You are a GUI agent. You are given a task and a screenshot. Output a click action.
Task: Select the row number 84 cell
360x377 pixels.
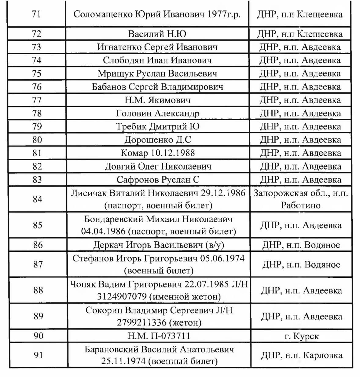pyautogui.click(x=37, y=199)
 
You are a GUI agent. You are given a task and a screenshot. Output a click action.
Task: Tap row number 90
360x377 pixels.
pyautogui.click(x=38, y=336)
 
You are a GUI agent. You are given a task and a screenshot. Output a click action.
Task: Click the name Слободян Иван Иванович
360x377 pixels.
pyautogui.click(x=157, y=60)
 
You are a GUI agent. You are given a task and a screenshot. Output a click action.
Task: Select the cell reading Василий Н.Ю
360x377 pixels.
pyautogui.click(x=157, y=34)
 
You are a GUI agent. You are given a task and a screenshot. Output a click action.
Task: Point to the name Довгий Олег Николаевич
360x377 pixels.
pyautogui.click(x=158, y=166)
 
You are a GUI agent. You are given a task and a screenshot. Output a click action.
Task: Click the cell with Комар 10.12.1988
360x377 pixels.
pyautogui.click(x=158, y=153)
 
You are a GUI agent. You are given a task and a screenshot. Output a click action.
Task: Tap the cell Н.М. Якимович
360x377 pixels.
pyautogui.click(x=157, y=100)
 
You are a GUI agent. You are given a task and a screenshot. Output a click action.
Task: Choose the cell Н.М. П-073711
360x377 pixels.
pyautogui.click(x=159, y=336)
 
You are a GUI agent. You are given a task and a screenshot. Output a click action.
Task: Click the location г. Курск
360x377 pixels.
pyautogui.click(x=301, y=336)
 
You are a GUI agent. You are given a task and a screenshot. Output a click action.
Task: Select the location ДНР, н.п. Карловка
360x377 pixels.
pyautogui.click(x=301, y=355)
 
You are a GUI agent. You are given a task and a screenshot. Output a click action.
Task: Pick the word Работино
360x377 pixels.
pyautogui.click(x=301, y=205)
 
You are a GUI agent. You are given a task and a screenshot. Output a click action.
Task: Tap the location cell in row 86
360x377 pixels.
pyautogui.click(x=301, y=245)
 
